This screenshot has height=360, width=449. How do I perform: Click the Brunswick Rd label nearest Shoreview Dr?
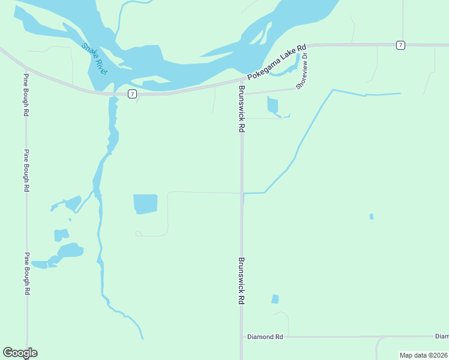coord(241,108)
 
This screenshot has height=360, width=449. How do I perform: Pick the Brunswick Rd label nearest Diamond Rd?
coord(241,281)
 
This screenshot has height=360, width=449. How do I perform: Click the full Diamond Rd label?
coord(265,337)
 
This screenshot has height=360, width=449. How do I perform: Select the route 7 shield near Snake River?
coord(131,94)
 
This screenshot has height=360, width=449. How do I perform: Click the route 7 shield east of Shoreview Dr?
coord(400,45)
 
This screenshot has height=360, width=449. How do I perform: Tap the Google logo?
coord(20,353)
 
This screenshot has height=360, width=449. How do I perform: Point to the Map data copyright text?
coord(423,355)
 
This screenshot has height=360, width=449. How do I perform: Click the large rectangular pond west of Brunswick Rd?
coord(145,204)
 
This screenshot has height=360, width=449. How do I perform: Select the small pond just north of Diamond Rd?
coord(275,299)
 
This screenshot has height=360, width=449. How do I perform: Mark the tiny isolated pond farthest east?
coord(372,217)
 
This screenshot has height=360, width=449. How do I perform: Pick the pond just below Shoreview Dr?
coord(273,106)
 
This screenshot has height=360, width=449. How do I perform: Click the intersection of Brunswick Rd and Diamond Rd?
coord(242,337)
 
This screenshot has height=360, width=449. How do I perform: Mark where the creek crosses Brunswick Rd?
coord(243,193)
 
